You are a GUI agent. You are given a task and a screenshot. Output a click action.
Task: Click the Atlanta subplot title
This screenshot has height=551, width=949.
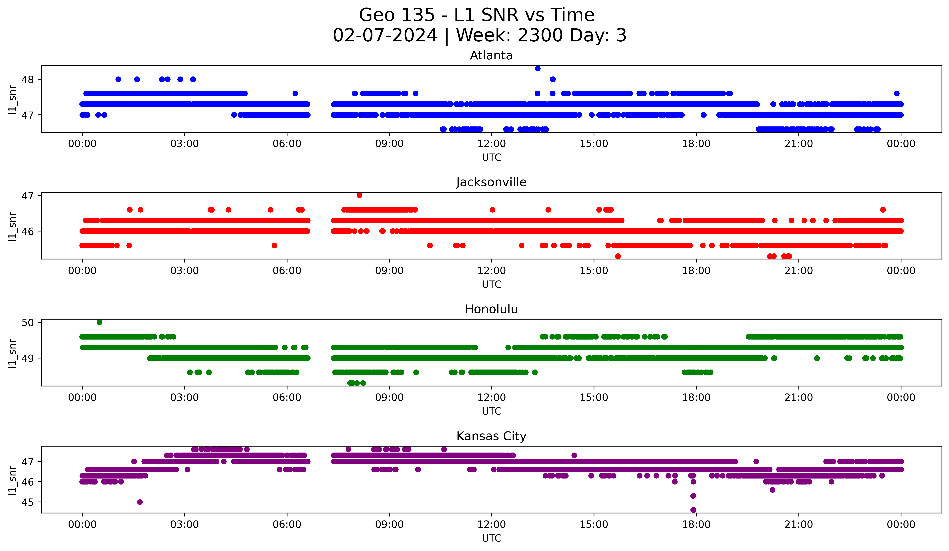coord(491,55)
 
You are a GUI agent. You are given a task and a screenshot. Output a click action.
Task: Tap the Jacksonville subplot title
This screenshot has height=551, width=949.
coord(491,182)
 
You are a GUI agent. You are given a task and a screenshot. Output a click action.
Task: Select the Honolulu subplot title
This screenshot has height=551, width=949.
coord(491,309)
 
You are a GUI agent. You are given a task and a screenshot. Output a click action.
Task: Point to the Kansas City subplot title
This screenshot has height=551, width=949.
coord(491,436)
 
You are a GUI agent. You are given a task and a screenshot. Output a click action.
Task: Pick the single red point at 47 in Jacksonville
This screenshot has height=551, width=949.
coord(359,195)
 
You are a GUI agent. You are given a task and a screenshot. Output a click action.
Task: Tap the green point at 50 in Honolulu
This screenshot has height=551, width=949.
coord(99,322)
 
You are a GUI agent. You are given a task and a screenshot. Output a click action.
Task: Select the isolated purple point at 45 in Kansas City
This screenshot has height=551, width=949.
coord(140,502)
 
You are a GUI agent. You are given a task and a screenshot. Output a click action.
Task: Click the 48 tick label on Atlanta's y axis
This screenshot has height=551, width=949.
coord(27,79)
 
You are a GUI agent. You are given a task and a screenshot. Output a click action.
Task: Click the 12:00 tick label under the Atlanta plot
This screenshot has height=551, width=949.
coord(491,144)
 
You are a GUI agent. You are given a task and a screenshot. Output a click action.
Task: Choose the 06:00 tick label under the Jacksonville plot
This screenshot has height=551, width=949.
coord(287,271)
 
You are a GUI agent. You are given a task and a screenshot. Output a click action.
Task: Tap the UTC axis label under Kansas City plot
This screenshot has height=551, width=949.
coord(491,538)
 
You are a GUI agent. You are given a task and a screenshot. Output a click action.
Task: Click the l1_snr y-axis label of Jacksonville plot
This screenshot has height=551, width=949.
coord(12,226)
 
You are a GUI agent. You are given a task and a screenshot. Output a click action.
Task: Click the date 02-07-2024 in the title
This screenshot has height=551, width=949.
coord(385,35)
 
